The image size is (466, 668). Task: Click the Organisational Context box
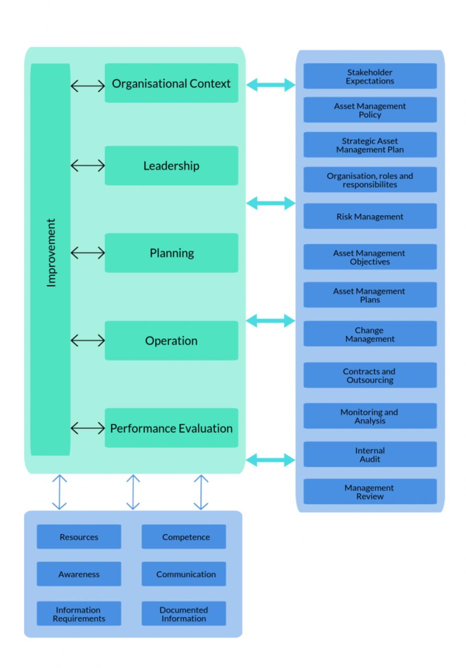click(171, 83)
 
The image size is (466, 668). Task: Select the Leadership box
click(171, 166)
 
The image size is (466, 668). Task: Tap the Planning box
click(171, 253)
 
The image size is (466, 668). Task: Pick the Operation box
click(171, 341)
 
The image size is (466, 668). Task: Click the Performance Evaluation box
click(171, 428)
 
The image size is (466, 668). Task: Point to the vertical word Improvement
click(51, 253)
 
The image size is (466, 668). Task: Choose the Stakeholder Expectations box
click(370, 77)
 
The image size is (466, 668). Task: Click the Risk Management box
click(370, 216)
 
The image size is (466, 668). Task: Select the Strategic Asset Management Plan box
click(370, 145)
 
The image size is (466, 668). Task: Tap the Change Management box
click(370, 334)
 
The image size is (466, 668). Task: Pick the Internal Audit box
click(370, 455)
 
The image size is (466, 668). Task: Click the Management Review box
click(370, 492)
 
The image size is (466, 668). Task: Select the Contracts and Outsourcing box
click(370, 376)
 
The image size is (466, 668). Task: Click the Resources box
click(79, 537)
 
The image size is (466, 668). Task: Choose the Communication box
click(184, 574)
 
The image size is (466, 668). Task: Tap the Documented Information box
click(184, 614)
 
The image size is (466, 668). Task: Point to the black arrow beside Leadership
click(88, 166)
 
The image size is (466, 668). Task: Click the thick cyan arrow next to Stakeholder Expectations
click(271, 85)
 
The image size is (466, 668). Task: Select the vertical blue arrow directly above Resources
click(60, 492)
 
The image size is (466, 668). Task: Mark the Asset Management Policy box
click(370, 110)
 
